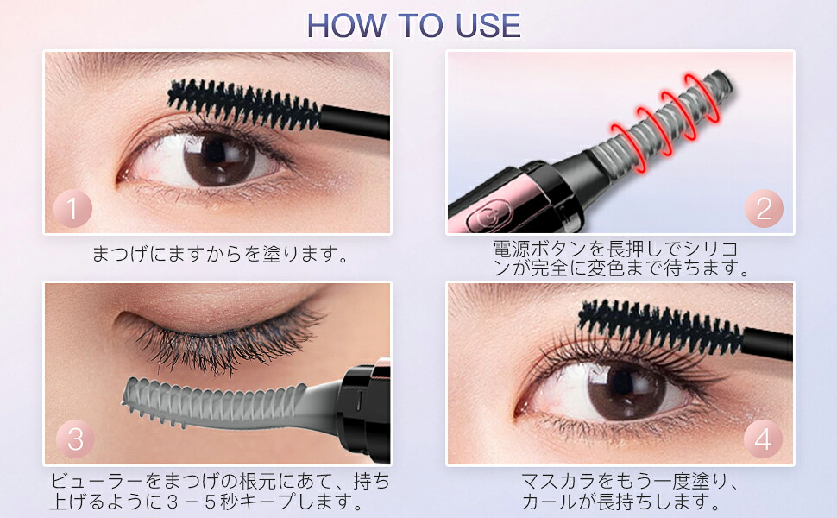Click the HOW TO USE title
coord(413,26)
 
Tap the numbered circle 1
coord(72,209)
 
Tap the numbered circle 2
coord(764,208)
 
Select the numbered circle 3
coord(75,439)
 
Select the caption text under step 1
coord(220,254)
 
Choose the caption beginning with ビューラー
coord(220,491)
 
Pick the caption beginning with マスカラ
coord(630,491)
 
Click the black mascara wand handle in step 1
coord(355,121)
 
